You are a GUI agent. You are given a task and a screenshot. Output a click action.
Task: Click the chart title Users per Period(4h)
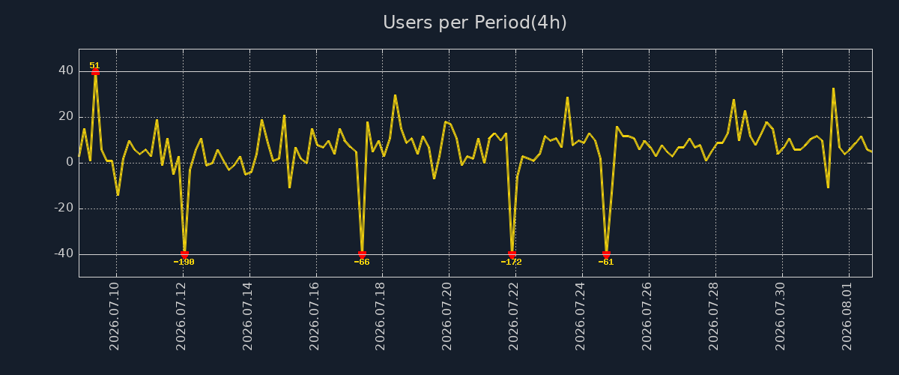click(x=475, y=22)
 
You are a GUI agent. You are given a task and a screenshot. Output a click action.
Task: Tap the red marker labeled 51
click(x=95, y=72)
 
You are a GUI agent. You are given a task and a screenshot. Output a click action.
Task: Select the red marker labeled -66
click(x=362, y=255)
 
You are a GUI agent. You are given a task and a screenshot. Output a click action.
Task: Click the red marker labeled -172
click(x=512, y=255)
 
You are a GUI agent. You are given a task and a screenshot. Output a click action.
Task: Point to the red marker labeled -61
click(x=606, y=255)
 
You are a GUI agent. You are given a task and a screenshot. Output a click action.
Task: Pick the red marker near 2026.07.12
click(x=184, y=255)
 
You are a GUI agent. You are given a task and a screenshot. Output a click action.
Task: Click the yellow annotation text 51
click(x=94, y=65)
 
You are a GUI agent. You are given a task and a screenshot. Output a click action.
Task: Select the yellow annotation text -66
click(x=362, y=262)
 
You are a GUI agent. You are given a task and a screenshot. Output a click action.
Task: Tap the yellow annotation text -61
click(x=605, y=262)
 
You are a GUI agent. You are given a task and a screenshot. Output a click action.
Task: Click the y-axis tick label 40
click(x=66, y=70)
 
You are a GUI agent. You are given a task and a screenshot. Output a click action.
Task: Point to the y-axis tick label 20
click(x=66, y=116)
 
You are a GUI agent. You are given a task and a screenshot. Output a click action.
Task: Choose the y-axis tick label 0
click(x=70, y=162)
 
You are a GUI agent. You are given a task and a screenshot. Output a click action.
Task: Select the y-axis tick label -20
click(x=64, y=208)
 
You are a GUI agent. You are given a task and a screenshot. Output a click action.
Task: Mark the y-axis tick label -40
click(x=64, y=253)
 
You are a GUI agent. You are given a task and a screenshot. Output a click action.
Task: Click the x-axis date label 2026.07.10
click(x=114, y=316)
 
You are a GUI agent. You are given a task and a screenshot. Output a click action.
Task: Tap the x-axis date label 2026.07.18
click(x=380, y=316)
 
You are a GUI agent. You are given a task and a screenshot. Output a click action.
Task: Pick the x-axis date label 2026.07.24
click(x=580, y=316)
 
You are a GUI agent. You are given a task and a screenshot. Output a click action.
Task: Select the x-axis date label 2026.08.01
click(x=847, y=316)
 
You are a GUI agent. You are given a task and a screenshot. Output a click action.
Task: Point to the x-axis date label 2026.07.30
click(x=780, y=316)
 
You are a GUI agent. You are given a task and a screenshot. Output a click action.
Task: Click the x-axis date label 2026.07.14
click(x=247, y=316)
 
